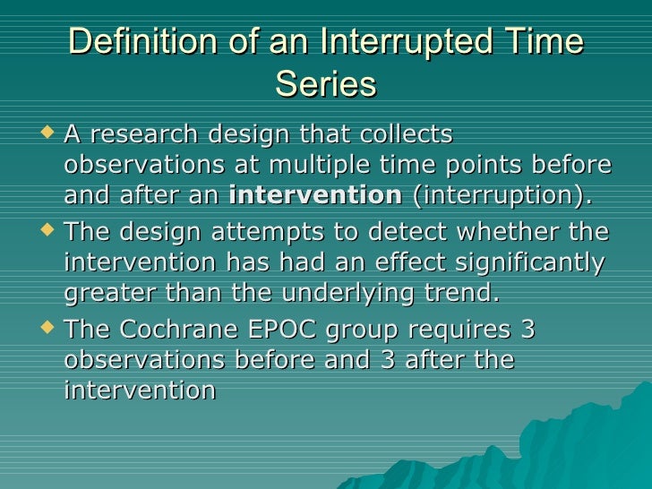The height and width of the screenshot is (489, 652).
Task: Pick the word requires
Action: (445, 330)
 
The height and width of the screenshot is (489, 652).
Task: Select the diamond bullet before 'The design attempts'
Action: (47, 232)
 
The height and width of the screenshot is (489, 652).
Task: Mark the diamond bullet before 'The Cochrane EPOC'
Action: (47, 330)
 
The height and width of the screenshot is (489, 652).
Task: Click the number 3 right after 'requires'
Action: (528, 330)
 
